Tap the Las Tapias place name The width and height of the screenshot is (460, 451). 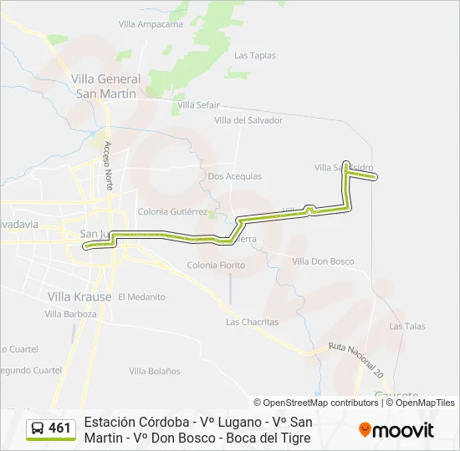point(255,56)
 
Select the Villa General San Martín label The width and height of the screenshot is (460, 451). point(106,86)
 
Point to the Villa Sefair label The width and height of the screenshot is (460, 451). point(198,105)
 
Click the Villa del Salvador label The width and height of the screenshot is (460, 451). point(248,120)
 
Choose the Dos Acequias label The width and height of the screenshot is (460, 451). point(234,176)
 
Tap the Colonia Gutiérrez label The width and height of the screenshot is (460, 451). point(172,212)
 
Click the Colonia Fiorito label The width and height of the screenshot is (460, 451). point(216,266)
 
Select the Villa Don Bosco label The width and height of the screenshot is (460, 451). point(323,261)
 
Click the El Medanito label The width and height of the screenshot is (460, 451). point(141,296)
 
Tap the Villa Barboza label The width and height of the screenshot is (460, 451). point(70,314)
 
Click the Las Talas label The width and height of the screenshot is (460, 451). point(407,327)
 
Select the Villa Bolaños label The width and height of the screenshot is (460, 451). point(155,371)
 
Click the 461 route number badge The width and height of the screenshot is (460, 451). point(50,428)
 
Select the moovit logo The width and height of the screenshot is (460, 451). point(396,430)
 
